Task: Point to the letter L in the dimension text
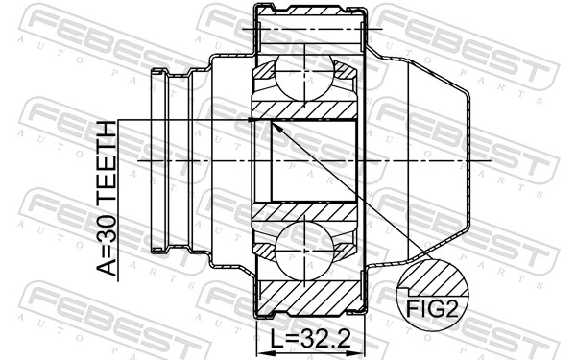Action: click(278, 340)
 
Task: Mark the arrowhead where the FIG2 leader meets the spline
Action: click(273, 124)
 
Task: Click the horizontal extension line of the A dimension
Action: click(182, 120)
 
